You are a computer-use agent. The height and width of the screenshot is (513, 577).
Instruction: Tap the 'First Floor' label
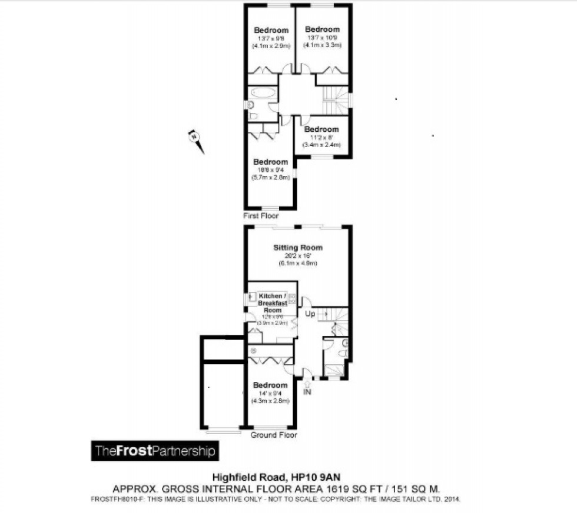[261, 216]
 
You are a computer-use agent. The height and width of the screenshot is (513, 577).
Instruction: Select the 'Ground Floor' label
[274, 435]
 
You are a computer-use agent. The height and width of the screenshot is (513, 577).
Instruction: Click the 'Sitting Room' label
[298, 248]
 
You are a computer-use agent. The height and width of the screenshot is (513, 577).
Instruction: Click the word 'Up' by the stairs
[310, 314]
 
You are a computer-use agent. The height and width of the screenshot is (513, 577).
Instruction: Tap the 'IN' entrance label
[307, 392]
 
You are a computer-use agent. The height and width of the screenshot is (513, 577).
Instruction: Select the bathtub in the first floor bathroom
[263, 93]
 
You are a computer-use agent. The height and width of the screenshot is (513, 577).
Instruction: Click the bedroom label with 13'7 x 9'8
[271, 31]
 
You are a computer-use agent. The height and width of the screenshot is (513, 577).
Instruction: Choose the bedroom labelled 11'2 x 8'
[322, 129]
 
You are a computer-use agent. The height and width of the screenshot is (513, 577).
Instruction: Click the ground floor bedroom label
[270, 385]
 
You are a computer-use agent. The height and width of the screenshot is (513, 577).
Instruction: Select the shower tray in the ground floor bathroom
[334, 370]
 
